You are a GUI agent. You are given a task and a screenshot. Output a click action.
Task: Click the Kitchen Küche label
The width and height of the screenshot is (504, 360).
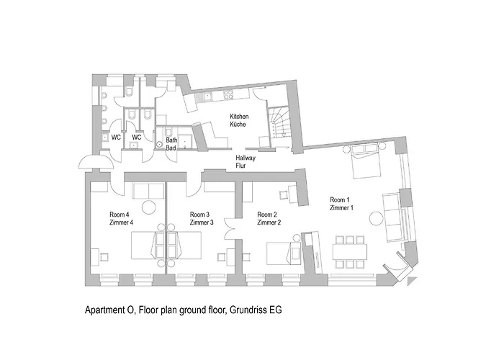pyautogui.click(x=239, y=120)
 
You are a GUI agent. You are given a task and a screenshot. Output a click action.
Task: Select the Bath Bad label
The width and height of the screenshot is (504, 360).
pyautogui.click(x=171, y=144)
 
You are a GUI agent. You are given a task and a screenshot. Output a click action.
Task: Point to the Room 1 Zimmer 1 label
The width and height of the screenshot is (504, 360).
pyautogui.click(x=341, y=204)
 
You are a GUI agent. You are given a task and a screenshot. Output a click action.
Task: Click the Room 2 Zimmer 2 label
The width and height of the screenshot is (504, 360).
pyautogui.click(x=269, y=219)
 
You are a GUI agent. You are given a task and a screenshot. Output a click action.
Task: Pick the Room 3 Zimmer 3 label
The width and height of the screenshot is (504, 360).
pyautogui.click(x=200, y=219)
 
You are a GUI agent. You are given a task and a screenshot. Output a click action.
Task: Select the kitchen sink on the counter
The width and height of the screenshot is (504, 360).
pyautogui.click(x=207, y=95)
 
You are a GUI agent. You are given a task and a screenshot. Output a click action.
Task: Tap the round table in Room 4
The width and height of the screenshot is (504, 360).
pyautogui.click(x=149, y=207)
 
